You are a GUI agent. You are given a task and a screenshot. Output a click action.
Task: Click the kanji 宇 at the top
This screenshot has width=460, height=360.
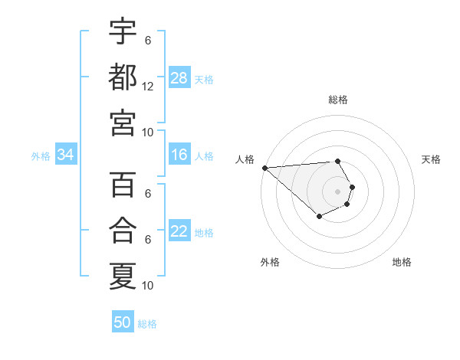(x=123, y=31)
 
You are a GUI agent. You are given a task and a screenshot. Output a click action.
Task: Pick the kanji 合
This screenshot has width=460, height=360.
(x=123, y=231)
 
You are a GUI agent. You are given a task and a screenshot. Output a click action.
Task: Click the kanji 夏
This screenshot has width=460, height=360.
(x=123, y=276)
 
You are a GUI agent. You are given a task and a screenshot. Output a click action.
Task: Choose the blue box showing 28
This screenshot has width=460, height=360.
(x=179, y=77)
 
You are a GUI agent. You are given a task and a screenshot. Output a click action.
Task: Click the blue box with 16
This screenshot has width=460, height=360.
(x=179, y=155)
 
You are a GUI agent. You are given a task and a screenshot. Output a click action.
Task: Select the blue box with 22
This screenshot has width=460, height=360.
(x=179, y=231)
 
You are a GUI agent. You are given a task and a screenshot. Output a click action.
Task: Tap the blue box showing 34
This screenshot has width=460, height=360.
(x=66, y=155)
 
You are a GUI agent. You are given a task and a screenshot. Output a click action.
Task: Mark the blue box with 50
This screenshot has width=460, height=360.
(x=123, y=322)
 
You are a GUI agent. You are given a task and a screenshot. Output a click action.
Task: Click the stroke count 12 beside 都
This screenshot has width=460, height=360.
(x=148, y=86)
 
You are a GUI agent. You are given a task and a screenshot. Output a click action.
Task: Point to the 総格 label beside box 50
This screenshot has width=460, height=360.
(x=147, y=323)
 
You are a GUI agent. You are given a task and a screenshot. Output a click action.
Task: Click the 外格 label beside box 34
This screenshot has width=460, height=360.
(x=41, y=155)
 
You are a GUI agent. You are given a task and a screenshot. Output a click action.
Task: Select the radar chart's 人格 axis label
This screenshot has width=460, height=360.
(x=245, y=159)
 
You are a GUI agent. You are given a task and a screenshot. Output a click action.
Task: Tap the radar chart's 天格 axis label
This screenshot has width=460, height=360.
(x=431, y=159)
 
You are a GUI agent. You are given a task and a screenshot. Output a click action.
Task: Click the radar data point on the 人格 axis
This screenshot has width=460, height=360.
(x=264, y=168)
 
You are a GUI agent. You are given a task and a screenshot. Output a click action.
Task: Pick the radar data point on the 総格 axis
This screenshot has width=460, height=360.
(x=337, y=161)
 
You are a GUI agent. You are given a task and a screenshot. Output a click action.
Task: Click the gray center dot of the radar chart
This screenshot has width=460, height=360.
(x=337, y=191)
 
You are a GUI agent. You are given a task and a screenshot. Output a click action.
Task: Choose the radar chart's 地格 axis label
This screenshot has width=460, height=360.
(x=402, y=262)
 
